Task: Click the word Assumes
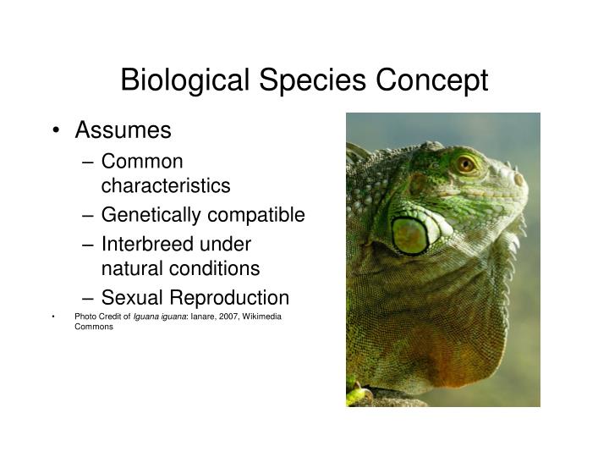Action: coord(123,131)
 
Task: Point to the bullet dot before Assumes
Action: coord(56,131)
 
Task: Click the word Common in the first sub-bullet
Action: coord(141,161)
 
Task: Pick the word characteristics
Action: coord(165,185)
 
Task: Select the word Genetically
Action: coord(149,215)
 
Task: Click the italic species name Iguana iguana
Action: coord(158,317)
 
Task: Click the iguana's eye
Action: coord(466,163)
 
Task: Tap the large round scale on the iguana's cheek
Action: coord(410,235)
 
